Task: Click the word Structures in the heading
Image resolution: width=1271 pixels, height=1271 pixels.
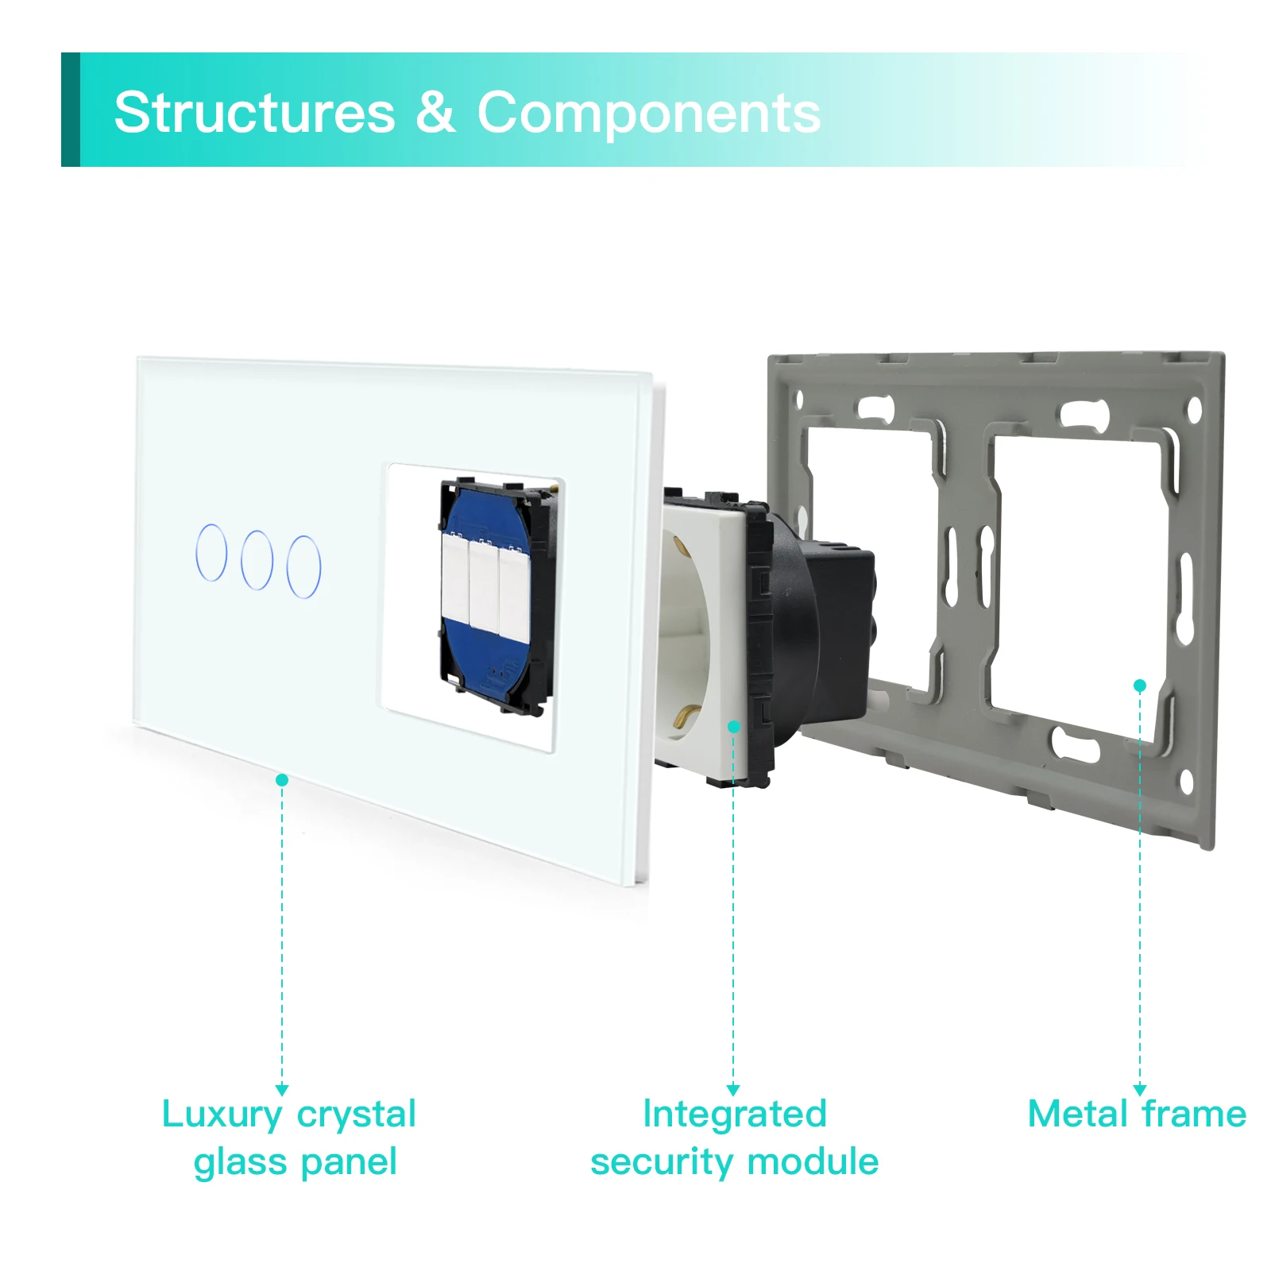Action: [x=254, y=112]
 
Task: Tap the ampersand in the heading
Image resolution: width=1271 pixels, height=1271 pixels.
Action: [x=435, y=112]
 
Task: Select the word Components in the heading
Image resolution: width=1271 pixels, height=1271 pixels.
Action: [x=648, y=114]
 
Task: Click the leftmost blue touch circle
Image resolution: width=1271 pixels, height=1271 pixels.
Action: [x=211, y=552]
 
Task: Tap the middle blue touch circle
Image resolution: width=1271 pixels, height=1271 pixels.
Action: [x=257, y=560]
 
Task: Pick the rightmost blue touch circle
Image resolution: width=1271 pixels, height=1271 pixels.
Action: [x=304, y=566]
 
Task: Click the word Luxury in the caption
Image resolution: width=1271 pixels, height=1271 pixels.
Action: [x=222, y=1115]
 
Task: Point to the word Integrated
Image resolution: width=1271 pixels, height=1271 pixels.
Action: [x=735, y=1114]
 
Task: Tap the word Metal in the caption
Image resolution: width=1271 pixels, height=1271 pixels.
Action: [x=1078, y=1114]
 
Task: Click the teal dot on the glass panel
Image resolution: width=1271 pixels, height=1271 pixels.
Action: [x=282, y=780]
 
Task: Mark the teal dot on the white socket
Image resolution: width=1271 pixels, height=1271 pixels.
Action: [x=734, y=727]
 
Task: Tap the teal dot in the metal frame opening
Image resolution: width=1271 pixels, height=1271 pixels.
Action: [x=1140, y=686]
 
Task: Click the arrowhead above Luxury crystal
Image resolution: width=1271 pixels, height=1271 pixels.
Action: [x=282, y=1091]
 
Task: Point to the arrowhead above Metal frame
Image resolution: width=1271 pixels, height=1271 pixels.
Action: [x=1140, y=1091]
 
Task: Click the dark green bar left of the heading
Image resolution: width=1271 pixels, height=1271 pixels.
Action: [x=71, y=110]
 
